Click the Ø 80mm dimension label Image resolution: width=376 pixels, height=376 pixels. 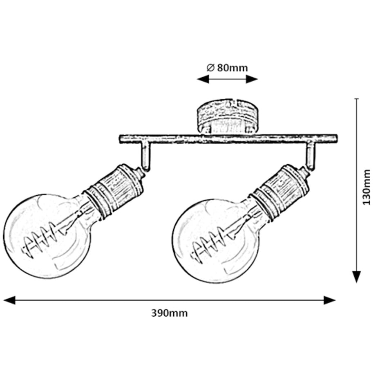(227, 68)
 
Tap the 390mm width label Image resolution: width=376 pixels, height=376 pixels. (169, 313)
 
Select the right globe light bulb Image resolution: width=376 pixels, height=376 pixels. (215, 241)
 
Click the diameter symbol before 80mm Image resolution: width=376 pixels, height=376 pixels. (210, 68)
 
